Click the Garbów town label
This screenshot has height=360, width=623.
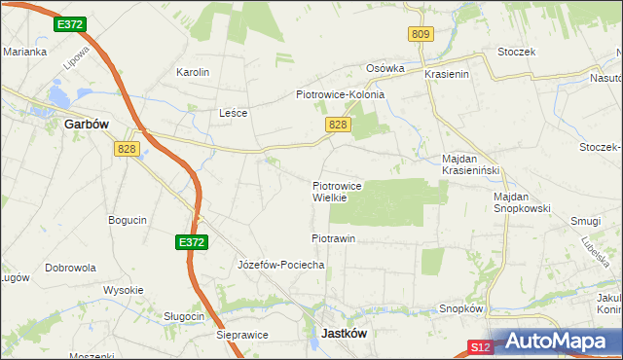pyautogui.click(x=86, y=125)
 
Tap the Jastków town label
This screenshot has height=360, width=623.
pyautogui.click(x=344, y=333)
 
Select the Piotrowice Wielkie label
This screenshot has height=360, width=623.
pyautogui.click(x=337, y=191)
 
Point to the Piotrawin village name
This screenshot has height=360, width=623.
pyautogui.click(x=333, y=238)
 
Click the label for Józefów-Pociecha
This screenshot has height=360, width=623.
pyautogui.click(x=280, y=265)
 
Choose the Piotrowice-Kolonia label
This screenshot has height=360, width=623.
pyautogui.click(x=340, y=95)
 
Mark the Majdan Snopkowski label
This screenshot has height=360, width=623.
pyautogui.click(x=522, y=202)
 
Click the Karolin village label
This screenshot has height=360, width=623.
pyautogui.click(x=192, y=73)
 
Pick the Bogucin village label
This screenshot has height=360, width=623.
pyautogui.click(x=128, y=220)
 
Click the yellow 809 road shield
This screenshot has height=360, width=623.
pyautogui.click(x=420, y=34)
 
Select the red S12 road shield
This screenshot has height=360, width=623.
pyautogui.click(x=478, y=346)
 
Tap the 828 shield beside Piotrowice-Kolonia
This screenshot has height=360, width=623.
pyautogui.click(x=337, y=125)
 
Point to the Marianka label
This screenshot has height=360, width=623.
pyautogui.click(x=25, y=53)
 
